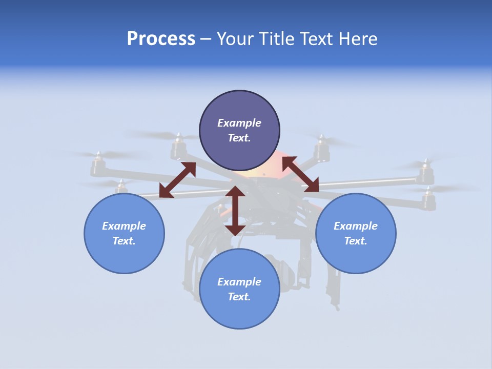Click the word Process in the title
click(x=161, y=39)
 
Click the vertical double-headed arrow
click(x=235, y=211)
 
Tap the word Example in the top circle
click(x=239, y=123)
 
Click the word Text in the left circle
click(x=124, y=241)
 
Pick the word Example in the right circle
click(x=356, y=226)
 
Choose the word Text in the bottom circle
click(x=239, y=297)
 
